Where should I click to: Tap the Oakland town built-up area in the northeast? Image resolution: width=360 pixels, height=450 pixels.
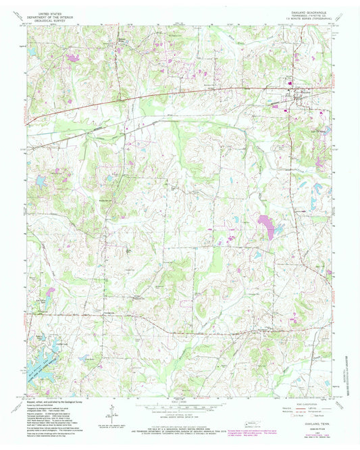pyautogui.click(x=295, y=95)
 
